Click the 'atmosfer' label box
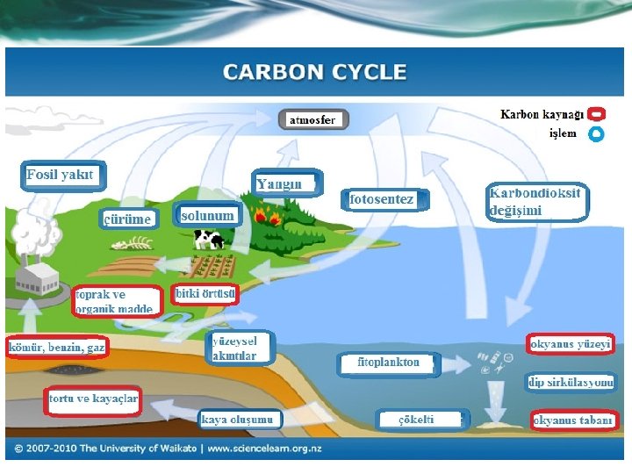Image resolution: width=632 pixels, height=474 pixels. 313,120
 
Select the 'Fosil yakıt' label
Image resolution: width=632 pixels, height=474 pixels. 60,175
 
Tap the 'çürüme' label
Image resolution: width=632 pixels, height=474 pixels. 128,219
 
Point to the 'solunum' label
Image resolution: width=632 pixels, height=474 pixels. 207,215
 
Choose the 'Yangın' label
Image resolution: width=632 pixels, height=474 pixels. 282,183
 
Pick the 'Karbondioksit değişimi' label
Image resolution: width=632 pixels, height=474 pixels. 535,201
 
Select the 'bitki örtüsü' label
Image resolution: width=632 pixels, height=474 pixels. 205,293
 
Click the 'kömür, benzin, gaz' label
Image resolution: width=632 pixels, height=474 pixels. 57,348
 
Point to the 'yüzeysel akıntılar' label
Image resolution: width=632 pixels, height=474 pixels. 241,348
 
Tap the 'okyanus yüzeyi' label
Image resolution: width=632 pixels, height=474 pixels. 571,344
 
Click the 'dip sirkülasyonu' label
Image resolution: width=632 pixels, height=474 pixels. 571,382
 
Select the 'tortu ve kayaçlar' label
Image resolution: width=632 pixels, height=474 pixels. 93,399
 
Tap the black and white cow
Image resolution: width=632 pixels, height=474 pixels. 209,239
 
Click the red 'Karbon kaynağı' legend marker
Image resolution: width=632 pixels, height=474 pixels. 596,115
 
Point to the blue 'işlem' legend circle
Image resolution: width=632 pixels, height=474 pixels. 596,134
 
